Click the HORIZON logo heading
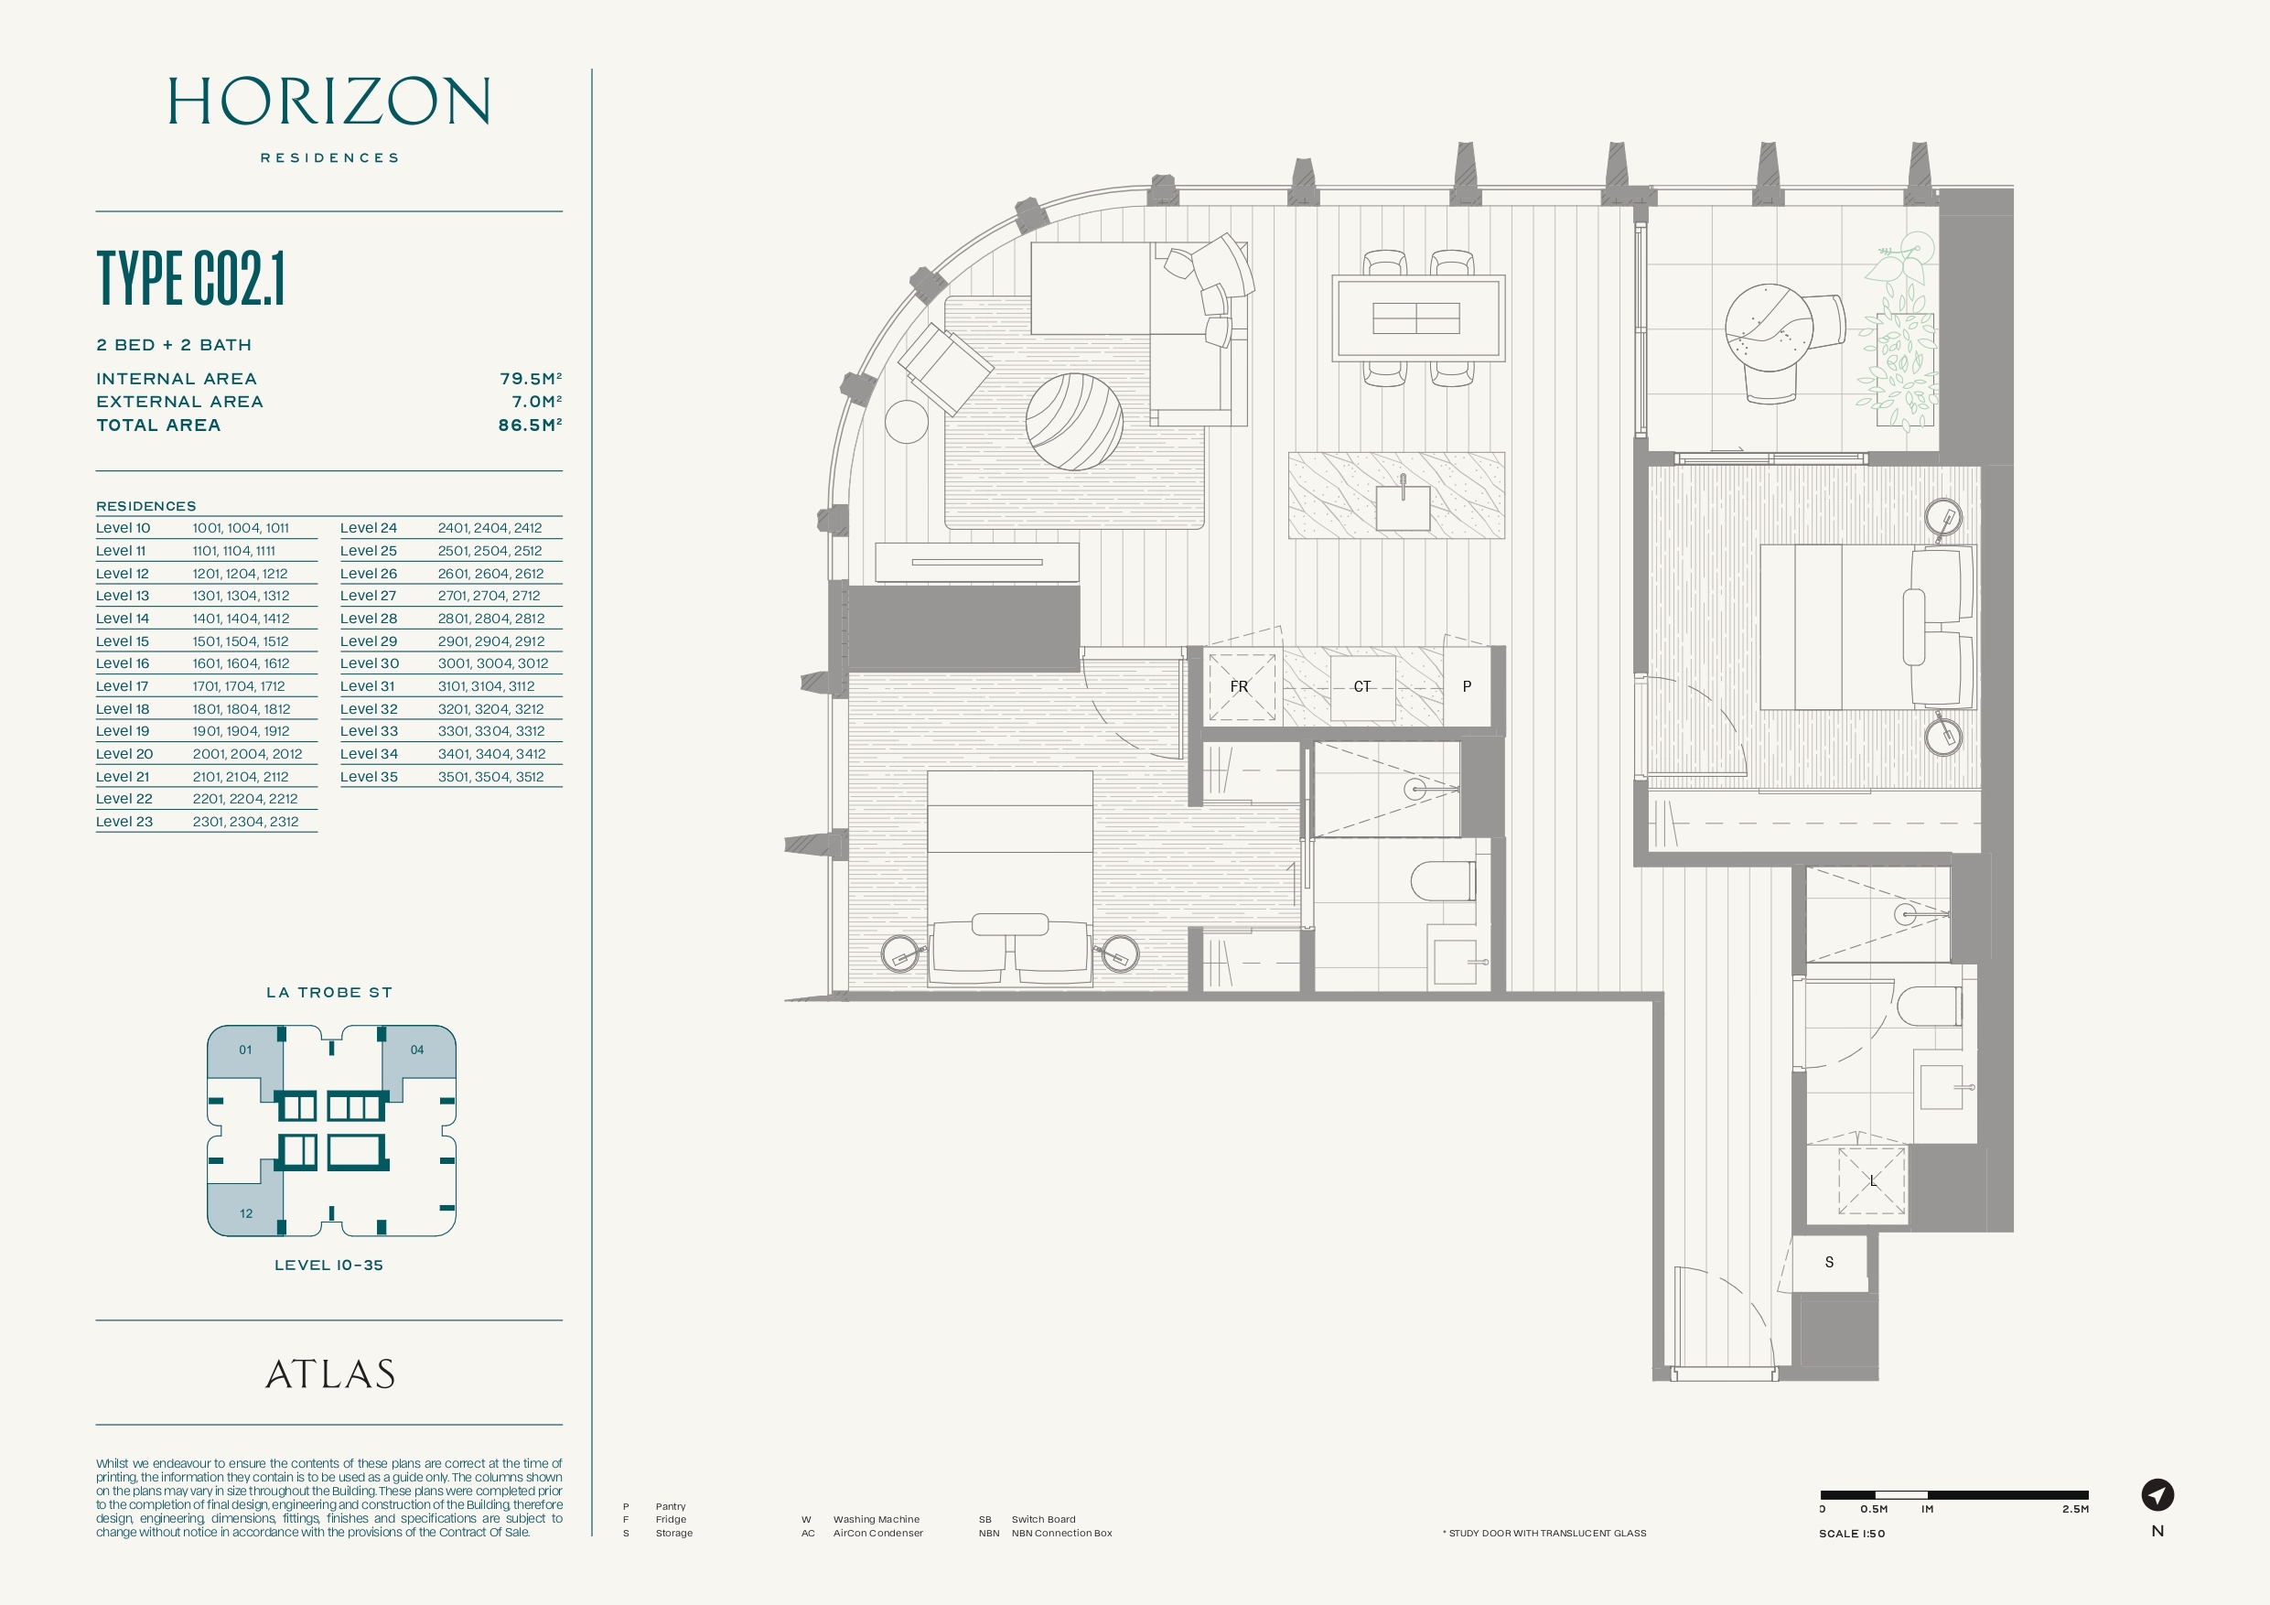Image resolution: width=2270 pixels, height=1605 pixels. point(329,101)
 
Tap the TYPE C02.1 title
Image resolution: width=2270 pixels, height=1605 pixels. point(191,278)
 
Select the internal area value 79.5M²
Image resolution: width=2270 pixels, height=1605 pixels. point(531,379)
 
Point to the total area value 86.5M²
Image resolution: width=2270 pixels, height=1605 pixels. point(530,425)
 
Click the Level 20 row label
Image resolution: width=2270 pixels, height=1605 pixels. point(124,754)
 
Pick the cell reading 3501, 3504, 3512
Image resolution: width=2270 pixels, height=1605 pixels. point(490,776)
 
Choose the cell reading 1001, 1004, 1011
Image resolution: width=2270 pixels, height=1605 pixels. point(241,528)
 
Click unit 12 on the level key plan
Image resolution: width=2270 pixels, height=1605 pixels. point(246,1213)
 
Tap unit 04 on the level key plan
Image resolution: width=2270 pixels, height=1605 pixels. point(417,1050)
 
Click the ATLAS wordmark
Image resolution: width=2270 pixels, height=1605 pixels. point(330,1373)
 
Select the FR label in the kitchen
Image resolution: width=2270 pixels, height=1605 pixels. point(1239,686)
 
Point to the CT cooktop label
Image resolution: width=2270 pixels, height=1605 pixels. point(1362,686)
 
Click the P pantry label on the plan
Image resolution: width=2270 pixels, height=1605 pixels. point(1468,686)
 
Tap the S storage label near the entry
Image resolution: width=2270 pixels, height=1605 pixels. point(1829,1262)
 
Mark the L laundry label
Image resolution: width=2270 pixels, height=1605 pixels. point(1873,1180)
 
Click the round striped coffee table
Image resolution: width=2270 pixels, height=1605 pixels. point(1074,421)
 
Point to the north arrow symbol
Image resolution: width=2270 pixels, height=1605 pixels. point(2157,1494)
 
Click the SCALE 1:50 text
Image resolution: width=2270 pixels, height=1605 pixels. point(1852,1534)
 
